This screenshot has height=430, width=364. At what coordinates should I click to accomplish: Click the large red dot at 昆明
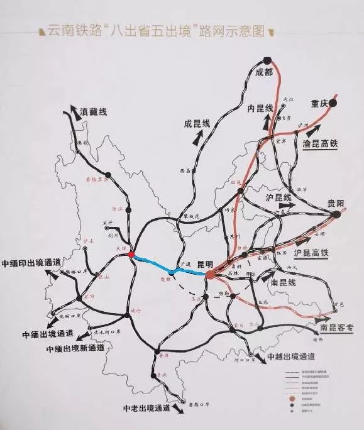click(209, 274)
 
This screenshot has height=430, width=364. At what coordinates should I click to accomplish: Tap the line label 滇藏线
click(94, 111)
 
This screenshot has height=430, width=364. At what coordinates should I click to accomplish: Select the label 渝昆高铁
click(320, 143)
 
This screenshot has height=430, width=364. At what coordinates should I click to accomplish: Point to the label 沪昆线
click(275, 197)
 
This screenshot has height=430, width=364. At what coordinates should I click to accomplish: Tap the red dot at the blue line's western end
click(131, 255)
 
